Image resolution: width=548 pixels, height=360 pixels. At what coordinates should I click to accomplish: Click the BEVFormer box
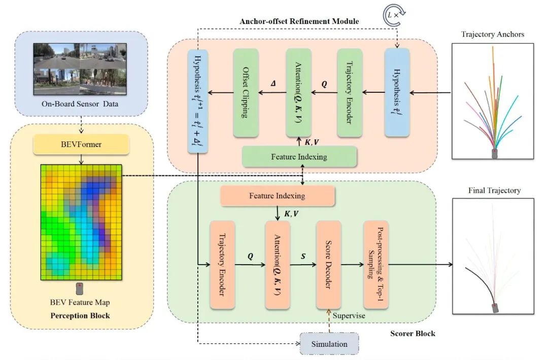pyautogui.click(x=81, y=144)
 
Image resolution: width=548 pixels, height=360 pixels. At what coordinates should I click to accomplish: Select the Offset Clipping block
pyautogui.click(x=246, y=92)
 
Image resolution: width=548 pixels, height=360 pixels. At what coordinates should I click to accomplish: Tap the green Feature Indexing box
pyautogui.click(x=299, y=157)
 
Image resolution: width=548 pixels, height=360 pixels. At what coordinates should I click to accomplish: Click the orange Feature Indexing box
pyautogui.click(x=277, y=196)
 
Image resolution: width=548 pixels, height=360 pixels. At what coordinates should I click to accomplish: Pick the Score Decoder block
pyautogui.click(x=328, y=265)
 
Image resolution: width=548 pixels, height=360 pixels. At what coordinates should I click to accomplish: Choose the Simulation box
pyautogui.click(x=329, y=344)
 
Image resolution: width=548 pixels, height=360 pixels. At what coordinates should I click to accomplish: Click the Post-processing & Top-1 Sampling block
pyautogui.click(x=376, y=265)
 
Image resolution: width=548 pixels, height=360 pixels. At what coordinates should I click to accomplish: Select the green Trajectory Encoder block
pyautogui.click(x=350, y=92)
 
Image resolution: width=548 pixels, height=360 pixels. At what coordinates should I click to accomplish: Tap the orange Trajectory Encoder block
pyautogui.click(x=222, y=265)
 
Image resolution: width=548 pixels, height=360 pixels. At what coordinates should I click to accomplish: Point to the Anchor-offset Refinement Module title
pyautogui.click(x=299, y=21)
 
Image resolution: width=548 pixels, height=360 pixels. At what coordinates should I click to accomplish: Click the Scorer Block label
pyautogui.click(x=413, y=334)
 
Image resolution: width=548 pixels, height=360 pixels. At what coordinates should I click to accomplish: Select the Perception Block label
pyautogui.click(x=80, y=316)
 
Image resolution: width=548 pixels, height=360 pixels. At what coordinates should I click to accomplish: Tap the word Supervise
pyautogui.click(x=349, y=316)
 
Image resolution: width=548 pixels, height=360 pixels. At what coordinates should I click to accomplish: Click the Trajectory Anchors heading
pyautogui.click(x=492, y=34)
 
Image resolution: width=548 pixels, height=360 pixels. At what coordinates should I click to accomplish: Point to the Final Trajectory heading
pyautogui.click(x=494, y=190)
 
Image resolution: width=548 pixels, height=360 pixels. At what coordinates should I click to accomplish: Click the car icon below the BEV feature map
pyautogui.click(x=80, y=289)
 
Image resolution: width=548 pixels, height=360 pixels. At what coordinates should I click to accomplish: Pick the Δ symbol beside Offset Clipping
pyautogui.click(x=273, y=84)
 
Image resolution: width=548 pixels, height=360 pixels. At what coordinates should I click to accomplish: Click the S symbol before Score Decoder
pyautogui.click(x=303, y=256)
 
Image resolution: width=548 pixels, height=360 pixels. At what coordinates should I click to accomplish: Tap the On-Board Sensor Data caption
pyautogui.click(x=80, y=104)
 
